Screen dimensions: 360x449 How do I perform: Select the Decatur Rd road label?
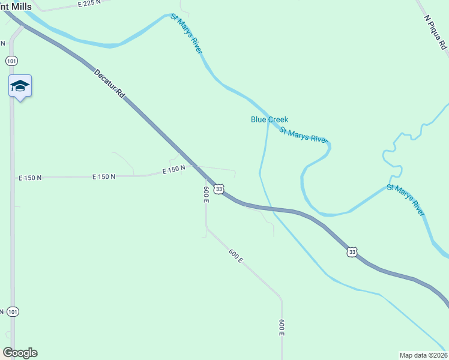click(109, 85)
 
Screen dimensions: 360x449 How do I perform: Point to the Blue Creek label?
click(270, 119)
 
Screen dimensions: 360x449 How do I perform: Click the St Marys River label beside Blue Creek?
click(303, 134)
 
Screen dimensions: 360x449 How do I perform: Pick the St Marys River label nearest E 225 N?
click(186, 34)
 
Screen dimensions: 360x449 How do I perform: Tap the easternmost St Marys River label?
click(406, 200)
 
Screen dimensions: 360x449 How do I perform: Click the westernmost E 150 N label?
click(30, 178)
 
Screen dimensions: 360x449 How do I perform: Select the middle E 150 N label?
click(103, 176)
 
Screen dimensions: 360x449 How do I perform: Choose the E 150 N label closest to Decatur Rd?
click(173, 170)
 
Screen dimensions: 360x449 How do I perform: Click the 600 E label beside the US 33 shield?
click(206, 194)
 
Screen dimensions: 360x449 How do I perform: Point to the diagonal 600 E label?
click(236, 256)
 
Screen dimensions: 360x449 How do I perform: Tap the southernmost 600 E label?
click(282, 328)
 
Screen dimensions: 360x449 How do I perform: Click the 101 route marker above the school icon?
click(11, 61)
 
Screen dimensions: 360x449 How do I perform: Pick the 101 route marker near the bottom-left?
click(13, 311)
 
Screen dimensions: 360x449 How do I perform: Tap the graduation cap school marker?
click(20, 87)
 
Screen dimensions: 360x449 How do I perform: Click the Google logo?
click(20, 353)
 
